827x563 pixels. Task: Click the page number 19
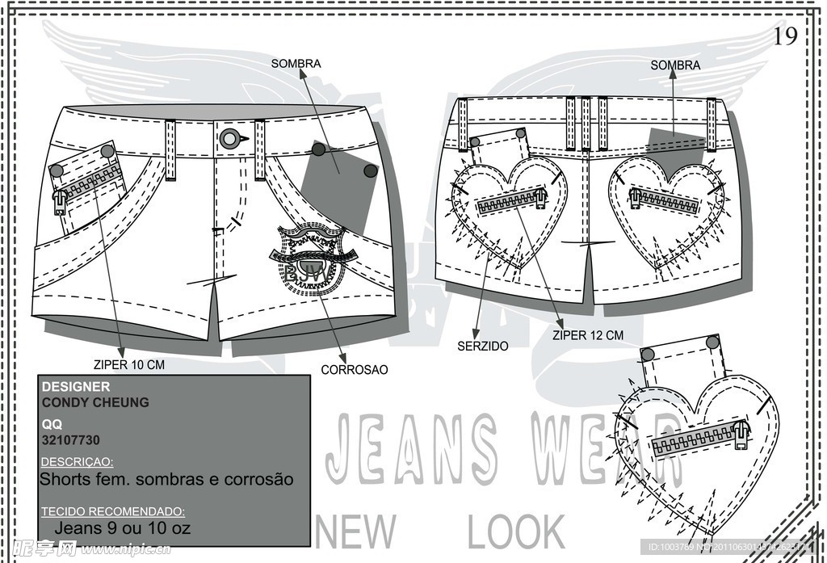pos(785,36)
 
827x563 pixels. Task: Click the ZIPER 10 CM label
pos(128,365)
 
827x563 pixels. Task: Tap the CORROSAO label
pos(355,370)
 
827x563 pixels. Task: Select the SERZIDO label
pos(482,346)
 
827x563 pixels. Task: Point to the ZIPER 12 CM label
pos(588,335)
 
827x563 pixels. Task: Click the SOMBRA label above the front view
pos(296,63)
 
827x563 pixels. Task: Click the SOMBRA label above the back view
pos(675,65)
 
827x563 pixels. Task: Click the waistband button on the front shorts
pos(230,138)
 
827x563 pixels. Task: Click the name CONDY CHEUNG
pos(95,402)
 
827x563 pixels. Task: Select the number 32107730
pos(70,440)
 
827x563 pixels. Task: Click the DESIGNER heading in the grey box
pos(75,388)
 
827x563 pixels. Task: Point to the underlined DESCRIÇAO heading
pos(77,462)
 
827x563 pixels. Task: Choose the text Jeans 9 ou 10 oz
pos(123,528)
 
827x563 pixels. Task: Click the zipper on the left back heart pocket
pos(511,202)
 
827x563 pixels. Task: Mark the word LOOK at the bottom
pos(516,533)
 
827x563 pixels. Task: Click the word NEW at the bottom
pos(357,533)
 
